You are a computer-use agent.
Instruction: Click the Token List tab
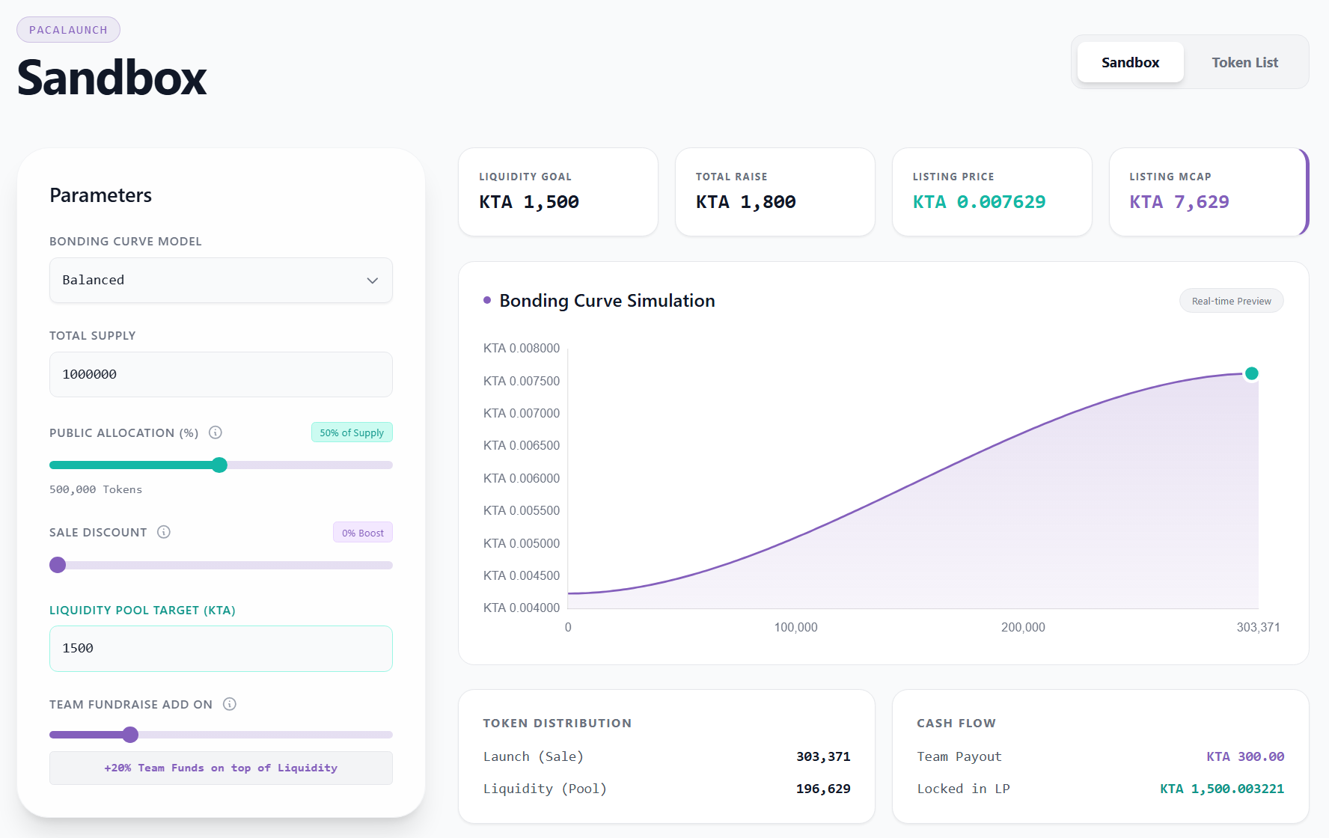[x=1244, y=63]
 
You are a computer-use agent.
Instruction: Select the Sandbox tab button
[x=1130, y=63]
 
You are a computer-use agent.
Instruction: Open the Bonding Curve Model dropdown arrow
[x=372, y=281]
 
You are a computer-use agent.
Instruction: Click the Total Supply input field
[x=221, y=374]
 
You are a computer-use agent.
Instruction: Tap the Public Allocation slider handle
[x=219, y=465]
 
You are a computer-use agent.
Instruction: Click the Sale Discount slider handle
[x=58, y=565]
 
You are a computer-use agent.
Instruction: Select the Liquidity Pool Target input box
[x=221, y=649]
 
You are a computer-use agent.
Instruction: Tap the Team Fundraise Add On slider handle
[x=130, y=735]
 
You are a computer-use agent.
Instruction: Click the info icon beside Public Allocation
[x=216, y=432]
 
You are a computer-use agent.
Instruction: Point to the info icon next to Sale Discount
[x=164, y=532]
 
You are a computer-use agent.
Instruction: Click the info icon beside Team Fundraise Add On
[x=230, y=704]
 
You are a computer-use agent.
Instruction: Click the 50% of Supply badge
[x=352, y=432]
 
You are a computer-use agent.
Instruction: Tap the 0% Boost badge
[x=363, y=533]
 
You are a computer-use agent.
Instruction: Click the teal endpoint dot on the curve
[x=1251, y=373]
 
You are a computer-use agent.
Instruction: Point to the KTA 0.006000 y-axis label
[x=521, y=478]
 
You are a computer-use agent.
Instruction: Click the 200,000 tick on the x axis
[x=1023, y=627]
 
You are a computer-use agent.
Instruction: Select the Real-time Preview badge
[x=1231, y=301]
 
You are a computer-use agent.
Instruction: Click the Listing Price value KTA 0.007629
[x=979, y=202]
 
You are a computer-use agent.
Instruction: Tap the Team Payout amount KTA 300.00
[x=1245, y=756]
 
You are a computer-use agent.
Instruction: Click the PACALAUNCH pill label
[x=68, y=30]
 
